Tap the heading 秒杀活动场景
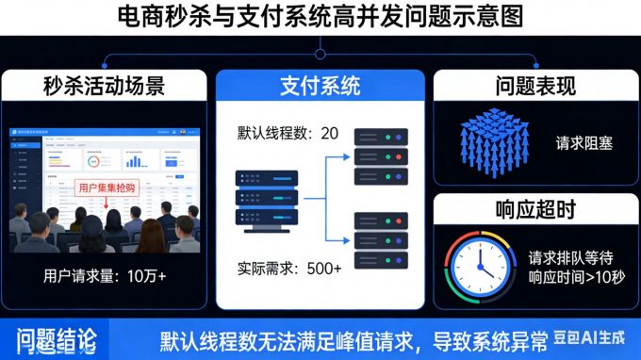(x=105, y=87)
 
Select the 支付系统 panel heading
(x=320, y=87)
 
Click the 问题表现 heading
(x=535, y=87)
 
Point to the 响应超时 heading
(x=535, y=209)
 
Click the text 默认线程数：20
(x=288, y=133)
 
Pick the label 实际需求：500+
(x=289, y=269)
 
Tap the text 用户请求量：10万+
(x=105, y=276)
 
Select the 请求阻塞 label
(x=584, y=143)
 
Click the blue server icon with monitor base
(x=267, y=200)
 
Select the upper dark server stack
(x=381, y=155)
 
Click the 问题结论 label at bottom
(x=54, y=339)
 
